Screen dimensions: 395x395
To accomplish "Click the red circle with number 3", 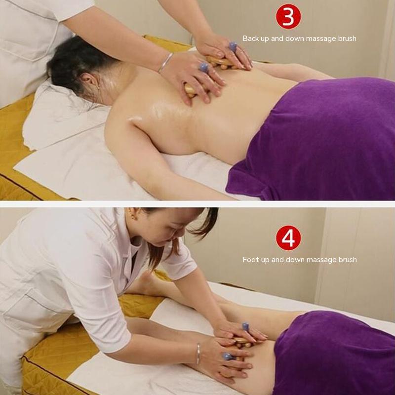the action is pos(288,17).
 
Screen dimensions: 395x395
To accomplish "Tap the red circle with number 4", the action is pos(288,238).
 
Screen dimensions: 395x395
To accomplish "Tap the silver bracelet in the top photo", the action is pos(165,62).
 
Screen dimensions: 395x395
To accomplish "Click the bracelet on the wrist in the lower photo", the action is pos(198,354).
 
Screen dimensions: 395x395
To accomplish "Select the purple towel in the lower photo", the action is pos(335,353).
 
